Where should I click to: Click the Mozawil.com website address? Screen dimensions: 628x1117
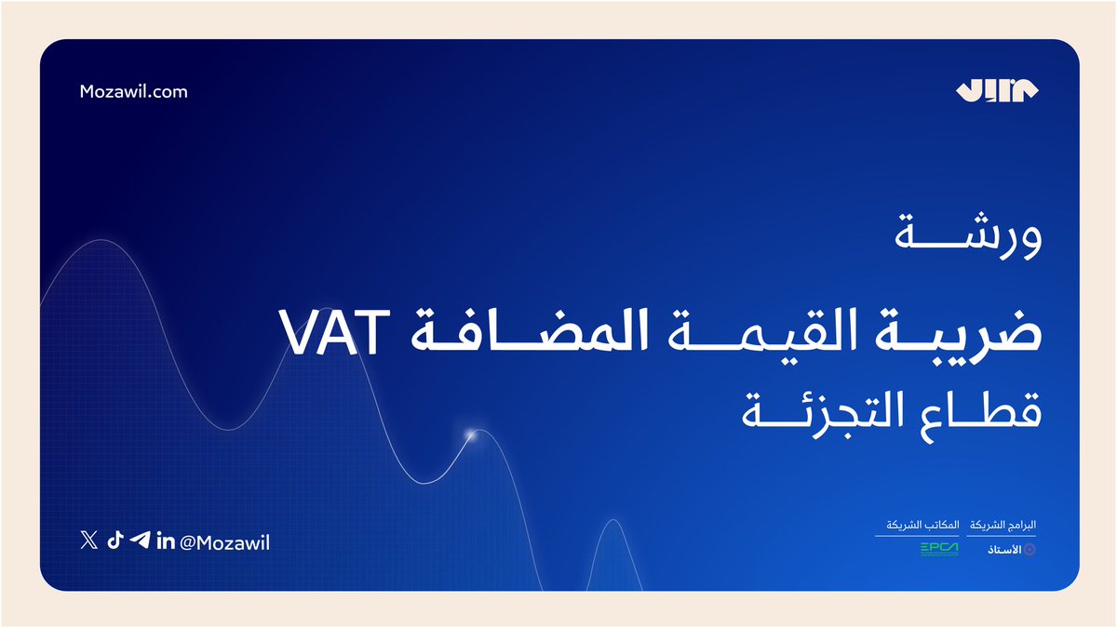tap(134, 91)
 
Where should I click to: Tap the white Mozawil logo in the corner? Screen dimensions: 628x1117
tap(997, 91)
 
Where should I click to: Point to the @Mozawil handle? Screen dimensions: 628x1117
tap(223, 542)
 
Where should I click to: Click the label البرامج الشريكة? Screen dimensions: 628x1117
tap(1003, 525)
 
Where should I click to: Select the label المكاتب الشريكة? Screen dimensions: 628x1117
tap(910, 525)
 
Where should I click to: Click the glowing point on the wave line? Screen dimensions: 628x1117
tap(471, 434)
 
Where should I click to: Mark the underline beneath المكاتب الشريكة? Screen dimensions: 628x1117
tap(910, 535)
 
